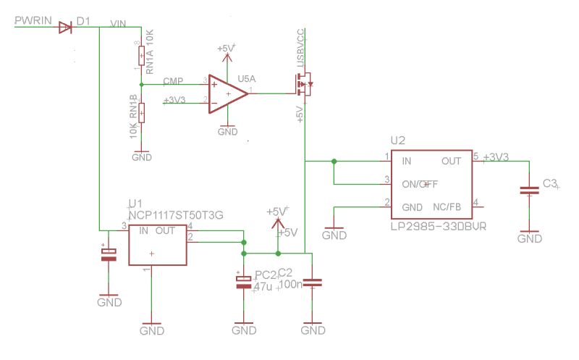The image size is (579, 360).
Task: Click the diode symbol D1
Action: click(64, 28)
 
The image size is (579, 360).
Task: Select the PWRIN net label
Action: click(33, 22)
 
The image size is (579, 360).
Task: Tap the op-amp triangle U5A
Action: click(226, 93)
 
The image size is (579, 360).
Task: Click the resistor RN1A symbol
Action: click(140, 55)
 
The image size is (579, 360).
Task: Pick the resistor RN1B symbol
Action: click(141, 112)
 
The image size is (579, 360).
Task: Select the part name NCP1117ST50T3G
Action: click(176, 215)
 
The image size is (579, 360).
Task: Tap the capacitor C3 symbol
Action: click(530, 191)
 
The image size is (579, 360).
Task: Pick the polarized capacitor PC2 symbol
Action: click(243, 282)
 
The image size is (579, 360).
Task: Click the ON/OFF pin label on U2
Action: click(420, 183)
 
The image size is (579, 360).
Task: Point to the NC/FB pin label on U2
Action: click(447, 206)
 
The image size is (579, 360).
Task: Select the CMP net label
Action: click(173, 80)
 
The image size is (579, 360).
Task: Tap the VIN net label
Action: click(118, 23)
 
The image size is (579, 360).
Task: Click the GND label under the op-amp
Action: click(227, 132)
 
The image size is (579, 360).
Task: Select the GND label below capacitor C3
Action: click(530, 238)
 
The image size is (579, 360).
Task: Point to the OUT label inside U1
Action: click(165, 230)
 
